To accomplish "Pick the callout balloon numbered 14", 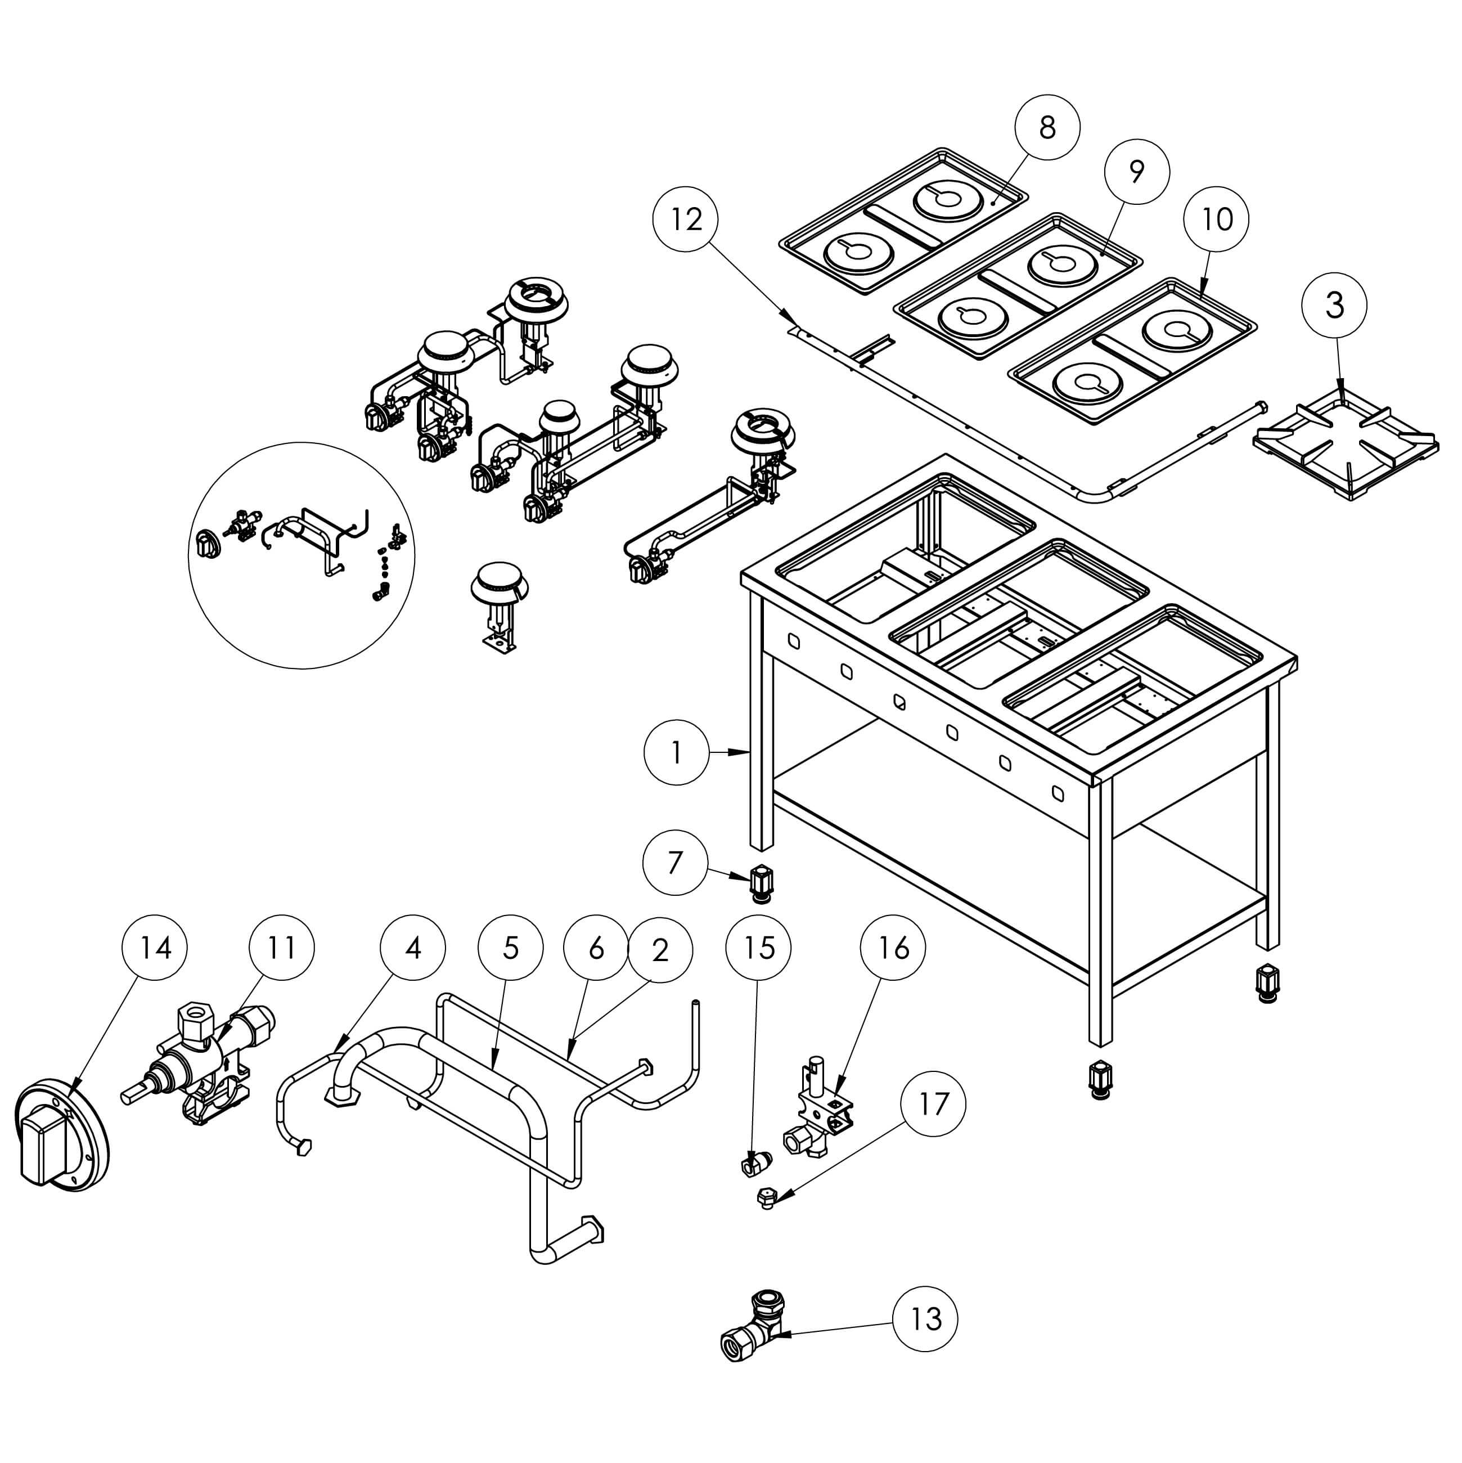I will [x=155, y=948].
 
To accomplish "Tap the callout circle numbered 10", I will [x=1217, y=219].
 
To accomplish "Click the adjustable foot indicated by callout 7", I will [x=762, y=883].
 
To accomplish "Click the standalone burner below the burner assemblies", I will [x=500, y=606].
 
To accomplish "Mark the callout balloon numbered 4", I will [x=413, y=948].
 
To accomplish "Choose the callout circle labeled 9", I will [x=1136, y=172].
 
